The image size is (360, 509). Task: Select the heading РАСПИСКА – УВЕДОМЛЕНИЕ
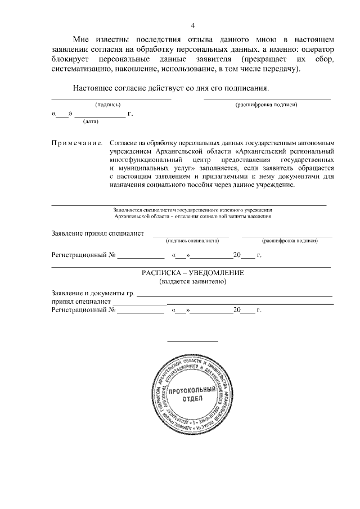click(x=192, y=273)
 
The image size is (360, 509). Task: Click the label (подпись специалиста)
click(x=192, y=241)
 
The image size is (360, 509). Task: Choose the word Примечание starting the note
click(x=76, y=143)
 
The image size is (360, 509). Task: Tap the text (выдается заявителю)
click(x=192, y=281)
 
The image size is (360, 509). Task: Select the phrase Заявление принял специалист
click(x=97, y=233)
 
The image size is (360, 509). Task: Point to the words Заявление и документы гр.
click(x=93, y=293)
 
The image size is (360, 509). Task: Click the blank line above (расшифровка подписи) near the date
click(x=267, y=99)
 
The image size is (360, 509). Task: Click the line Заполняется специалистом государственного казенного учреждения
click(x=192, y=209)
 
